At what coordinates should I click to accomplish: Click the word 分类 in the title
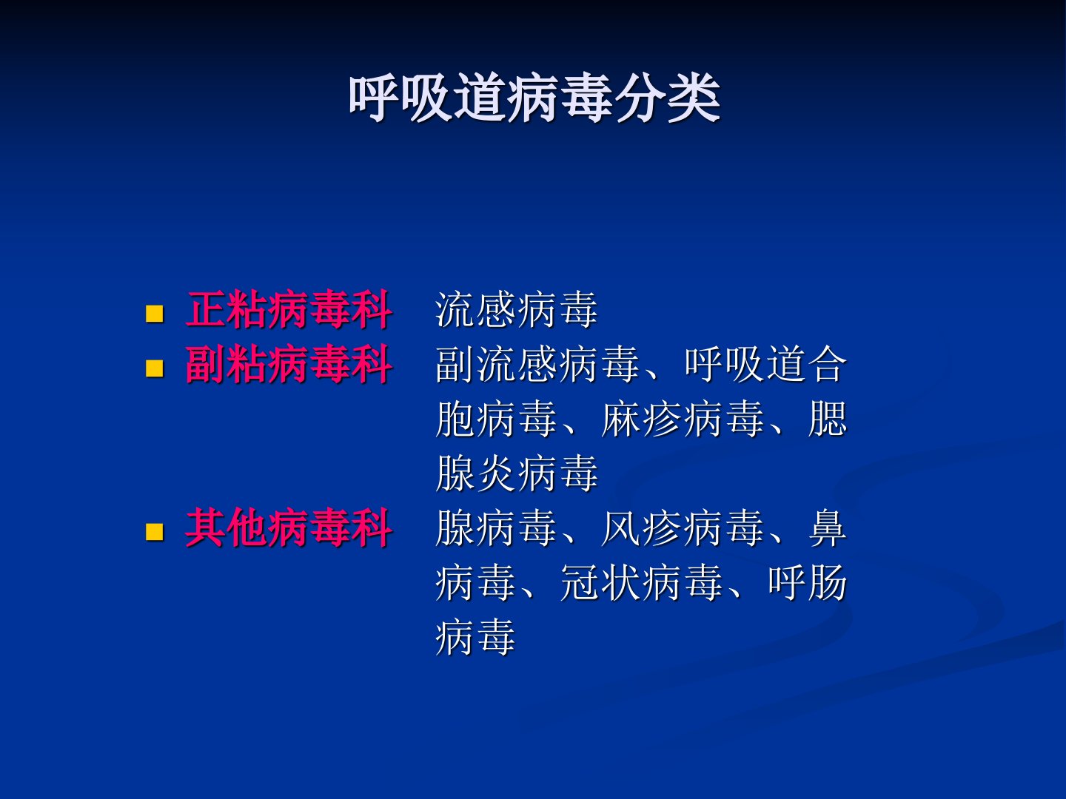click(x=667, y=98)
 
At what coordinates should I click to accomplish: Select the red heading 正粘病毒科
click(x=289, y=309)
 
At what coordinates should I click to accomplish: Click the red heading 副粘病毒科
click(x=289, y=364)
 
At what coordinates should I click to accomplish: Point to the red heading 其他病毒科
click(x=289, y=527)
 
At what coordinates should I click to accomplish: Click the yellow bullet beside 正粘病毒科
click(x=155, y=314)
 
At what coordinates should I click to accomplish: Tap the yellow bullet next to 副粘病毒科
click(x=155, y=368)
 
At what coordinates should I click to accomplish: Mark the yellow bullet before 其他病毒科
click(x=155, y=532)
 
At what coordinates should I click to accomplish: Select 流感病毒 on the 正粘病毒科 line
click(x=517, y=309)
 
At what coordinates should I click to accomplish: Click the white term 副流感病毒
click(x=537, y=364)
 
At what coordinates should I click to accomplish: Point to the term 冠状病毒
click(x=641, y=582)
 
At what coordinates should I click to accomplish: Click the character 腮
click(x=828, y=419)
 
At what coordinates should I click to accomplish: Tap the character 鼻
click(x=828, y=527)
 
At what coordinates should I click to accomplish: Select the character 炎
click(x=496, y=473)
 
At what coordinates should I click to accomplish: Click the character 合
click(x=828, y=364)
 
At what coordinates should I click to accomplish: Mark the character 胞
click(x=455, y=419)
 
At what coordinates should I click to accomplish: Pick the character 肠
click(x=828, y=582)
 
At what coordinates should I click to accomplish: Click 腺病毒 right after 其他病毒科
click(x=496, y=527)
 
